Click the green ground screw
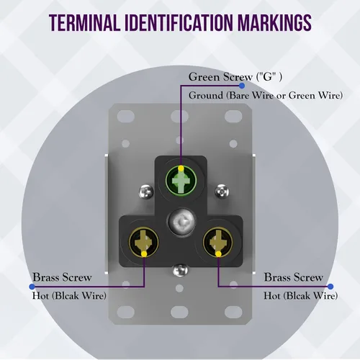click(181, 181)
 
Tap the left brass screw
click(143, 242)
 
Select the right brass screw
click(218, 242)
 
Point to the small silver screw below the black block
click(181, 270)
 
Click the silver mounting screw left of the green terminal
click(146, 192)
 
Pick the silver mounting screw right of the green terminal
click(222, 192)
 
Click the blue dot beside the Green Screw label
click(242, 86)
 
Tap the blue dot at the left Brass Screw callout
click(32, 287)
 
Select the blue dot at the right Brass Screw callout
click(330, 287)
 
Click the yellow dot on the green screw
click(181, 168)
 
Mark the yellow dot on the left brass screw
click(144, 254)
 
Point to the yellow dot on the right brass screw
click(218, 254)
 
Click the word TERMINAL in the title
click(85, 23)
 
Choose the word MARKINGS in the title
click(274, 23)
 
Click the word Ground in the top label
click(206, 96)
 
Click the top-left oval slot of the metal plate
click(126, 116)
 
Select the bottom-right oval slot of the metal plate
click(233, 312)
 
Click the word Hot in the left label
click(41, 296)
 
